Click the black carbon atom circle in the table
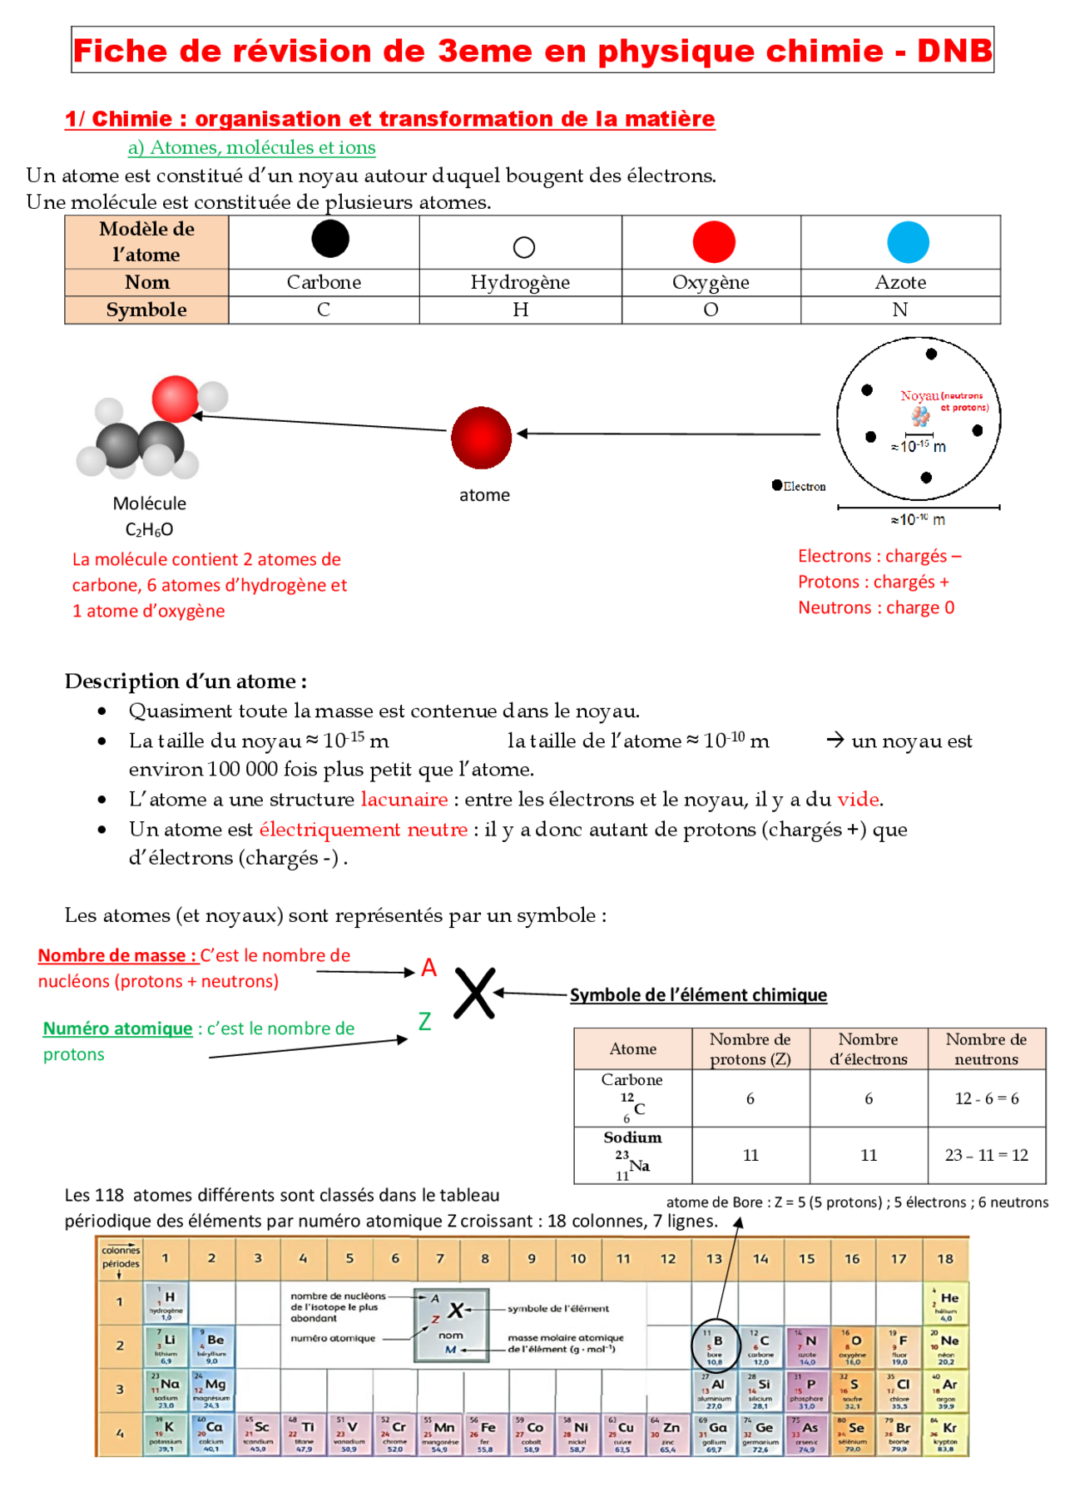(330, 239)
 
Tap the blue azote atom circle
(908, 243)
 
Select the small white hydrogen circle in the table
(523, 247)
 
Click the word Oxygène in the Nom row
(711, 282)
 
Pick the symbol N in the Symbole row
(899, 310)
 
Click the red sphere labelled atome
(481, 438)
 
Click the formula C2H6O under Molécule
(149, 529)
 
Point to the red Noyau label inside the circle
(919, 396)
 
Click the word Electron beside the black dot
(804, 486)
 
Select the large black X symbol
(474, 993)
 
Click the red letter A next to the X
(428, 967)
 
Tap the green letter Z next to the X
(424, 1021)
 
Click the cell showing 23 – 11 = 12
(986, 1155)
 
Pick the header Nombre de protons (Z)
(750, 1048)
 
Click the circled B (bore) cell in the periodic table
(716, 1346)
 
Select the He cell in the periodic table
(946, 1304)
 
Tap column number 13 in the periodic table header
(714, 1258)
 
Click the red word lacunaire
(404, 799)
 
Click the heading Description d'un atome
(186, 681)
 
